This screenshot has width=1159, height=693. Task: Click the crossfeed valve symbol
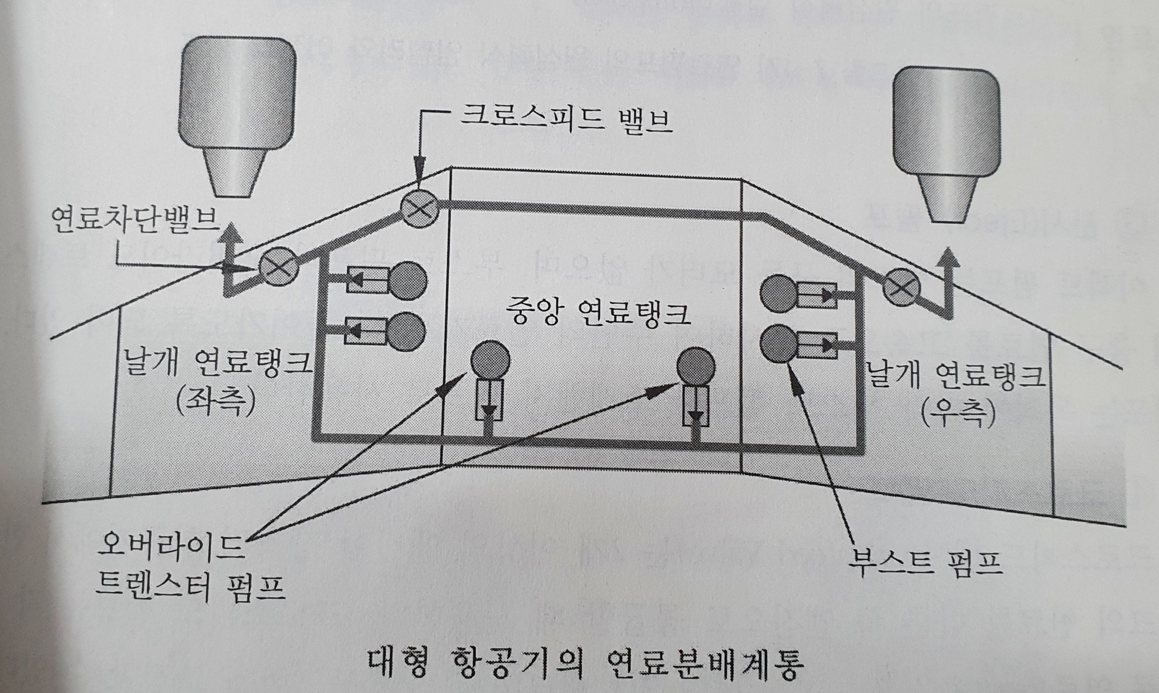click(420, 209)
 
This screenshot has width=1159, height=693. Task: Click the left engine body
click(237, 93)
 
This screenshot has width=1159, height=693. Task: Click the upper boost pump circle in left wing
click(408, 280)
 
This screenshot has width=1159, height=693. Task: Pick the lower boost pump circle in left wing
click(407, 332)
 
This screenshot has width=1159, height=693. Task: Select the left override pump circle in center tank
click(490, 361)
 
